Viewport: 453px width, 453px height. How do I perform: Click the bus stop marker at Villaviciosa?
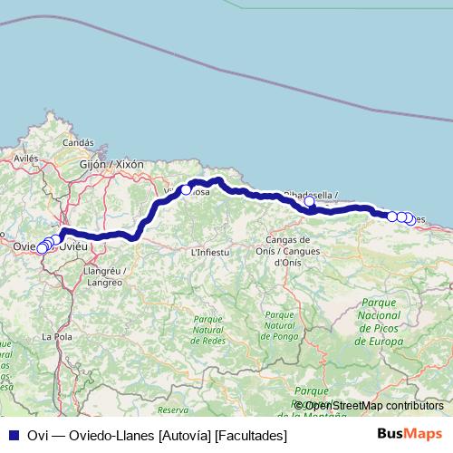coord(186,190)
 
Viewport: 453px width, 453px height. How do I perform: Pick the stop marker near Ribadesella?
coord(309,202)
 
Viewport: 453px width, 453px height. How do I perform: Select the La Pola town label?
coord(56,336)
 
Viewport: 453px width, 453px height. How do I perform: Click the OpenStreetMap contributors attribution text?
coord(368,406)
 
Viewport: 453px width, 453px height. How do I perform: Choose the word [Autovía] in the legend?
coord(186,436)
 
